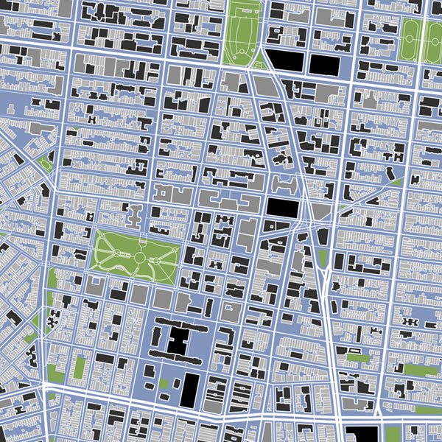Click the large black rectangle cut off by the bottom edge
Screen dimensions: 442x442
[x=361, y=434]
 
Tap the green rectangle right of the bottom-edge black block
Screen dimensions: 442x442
[x=393, y=434]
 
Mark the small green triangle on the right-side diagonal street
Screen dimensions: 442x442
[x=396, y=181]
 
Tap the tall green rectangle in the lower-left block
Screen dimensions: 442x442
[x=79, y=367]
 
